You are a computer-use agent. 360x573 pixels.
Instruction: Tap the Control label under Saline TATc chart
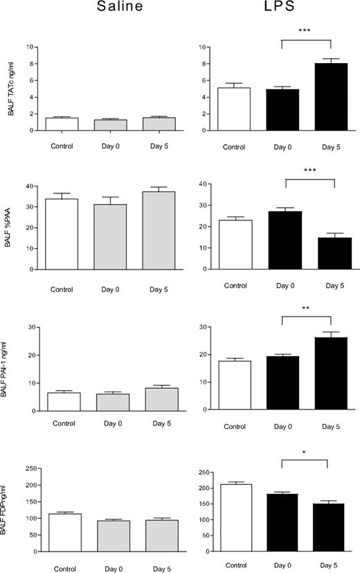(x=62, y=146)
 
